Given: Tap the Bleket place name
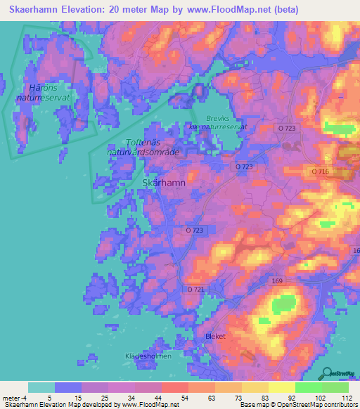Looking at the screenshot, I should tap(214, 336).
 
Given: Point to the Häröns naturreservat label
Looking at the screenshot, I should tap(40, 93).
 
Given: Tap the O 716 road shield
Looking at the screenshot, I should tap(320, 171).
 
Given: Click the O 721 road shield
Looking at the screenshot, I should tap(196, 290).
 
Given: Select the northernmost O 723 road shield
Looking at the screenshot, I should tap(286, 128).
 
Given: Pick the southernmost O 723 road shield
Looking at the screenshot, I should tap(195, 231).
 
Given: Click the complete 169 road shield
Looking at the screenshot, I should tap(277, 280).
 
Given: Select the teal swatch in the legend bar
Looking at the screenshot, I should tap(41, 387).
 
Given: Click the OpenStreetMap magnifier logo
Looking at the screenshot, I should tap(327, 372).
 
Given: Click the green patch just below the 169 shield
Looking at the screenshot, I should tap(283, 304).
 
